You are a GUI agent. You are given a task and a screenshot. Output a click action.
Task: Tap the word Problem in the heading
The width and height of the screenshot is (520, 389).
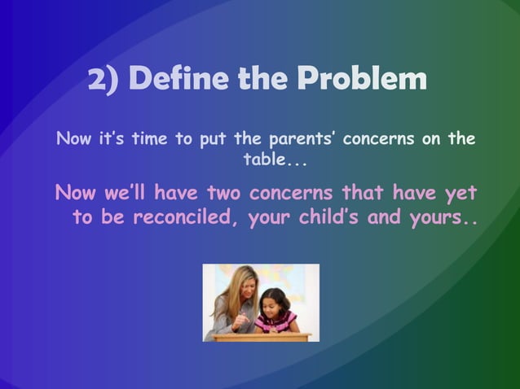[x=360, y=80]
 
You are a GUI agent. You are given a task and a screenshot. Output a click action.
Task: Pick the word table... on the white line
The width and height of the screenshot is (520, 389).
[x=275, y=156]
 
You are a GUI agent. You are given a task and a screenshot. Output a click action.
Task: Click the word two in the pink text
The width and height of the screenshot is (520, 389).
[x=223, y=194]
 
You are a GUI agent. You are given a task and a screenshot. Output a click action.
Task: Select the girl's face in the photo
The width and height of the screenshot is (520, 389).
[x=275, y=304]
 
